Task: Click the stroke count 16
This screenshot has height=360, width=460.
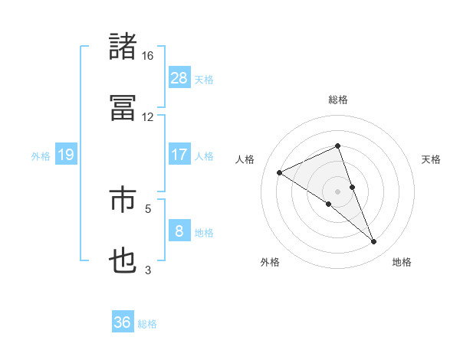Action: coord(148,56)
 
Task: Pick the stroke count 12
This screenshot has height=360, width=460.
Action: coord(148,117)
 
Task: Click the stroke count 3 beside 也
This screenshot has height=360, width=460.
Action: coord(148,270)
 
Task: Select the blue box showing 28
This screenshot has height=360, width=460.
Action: coord(179,77)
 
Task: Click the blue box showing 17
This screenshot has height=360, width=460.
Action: coord(179,155)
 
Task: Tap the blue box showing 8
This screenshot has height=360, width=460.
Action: coord(179,231)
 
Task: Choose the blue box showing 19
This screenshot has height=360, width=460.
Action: coord(66,155)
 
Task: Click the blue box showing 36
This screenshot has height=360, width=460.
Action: coord(123,322)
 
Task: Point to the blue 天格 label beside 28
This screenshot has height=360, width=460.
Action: coord(204,79)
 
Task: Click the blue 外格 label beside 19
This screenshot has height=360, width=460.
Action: coord(41,156)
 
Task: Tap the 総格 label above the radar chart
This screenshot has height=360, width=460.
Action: coord(338,100)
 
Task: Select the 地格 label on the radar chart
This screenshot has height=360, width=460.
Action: coord(402,263)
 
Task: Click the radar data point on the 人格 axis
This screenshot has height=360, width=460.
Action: coord(280,172)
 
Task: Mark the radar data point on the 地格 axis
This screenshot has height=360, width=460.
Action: coord(374,242)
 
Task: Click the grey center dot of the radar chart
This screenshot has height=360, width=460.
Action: coord(338,191)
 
